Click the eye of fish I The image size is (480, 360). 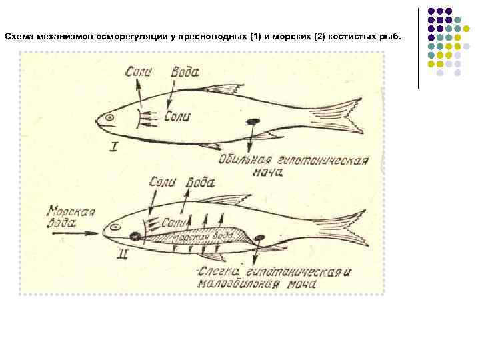[x=110, y=119]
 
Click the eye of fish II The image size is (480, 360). [x=115, y=227]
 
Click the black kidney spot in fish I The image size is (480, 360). [x=253, y=122]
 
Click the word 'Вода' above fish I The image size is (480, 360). [x=185, y=71]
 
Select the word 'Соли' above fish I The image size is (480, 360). [x=143, y=71]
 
